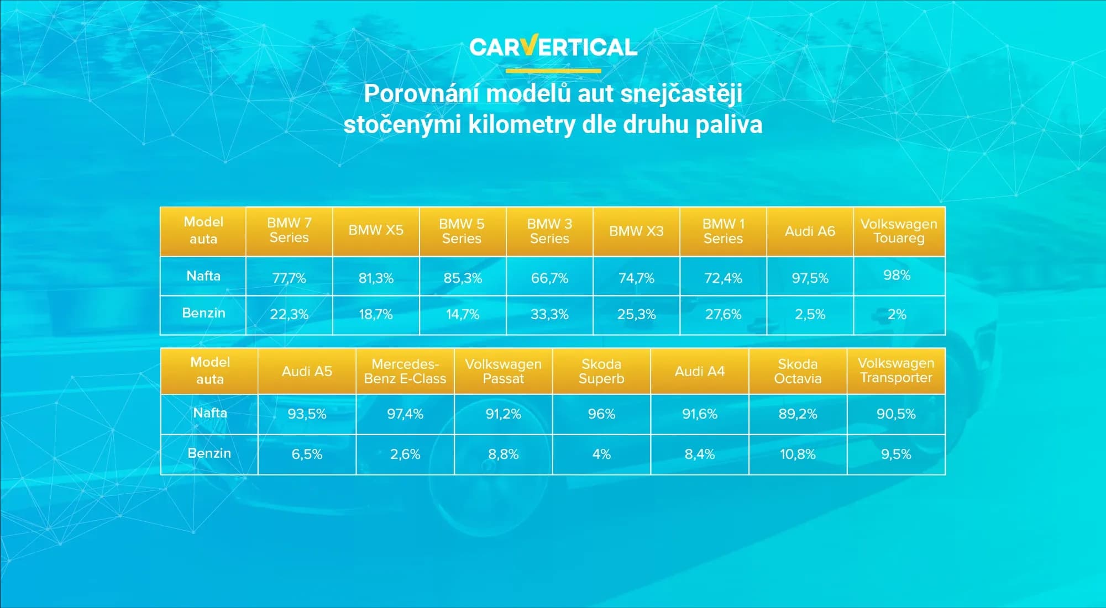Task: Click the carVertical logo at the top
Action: click(x=553, y=46)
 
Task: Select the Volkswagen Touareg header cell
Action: click(x=899, y=231)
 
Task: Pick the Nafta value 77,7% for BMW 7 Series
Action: click(x=289, y=278)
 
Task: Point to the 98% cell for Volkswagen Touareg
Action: click(x=897, y=275)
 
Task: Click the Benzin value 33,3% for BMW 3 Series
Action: click(x=549, y=314)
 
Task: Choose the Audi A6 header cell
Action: click(x=810, y=231)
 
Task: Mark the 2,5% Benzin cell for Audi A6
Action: click(x=810, y=314)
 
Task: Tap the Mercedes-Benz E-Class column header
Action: click(x=405, y=371)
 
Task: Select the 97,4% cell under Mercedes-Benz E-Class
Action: click(x=405, y=414)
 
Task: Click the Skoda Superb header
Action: click(x=601, y=371)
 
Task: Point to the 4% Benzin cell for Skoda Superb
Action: click(x=601, y=454)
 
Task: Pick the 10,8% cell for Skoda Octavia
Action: click(x=798, y=454)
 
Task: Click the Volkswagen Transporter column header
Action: click(x=896, y=371)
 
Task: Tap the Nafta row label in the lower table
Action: click(x=210, y=413)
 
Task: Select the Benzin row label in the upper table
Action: click(x=203, y=313)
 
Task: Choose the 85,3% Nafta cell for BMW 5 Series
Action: click(x=463, y=278)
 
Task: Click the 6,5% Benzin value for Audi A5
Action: click(x=307, y=454)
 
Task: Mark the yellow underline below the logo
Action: click(x=553, y=71)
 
